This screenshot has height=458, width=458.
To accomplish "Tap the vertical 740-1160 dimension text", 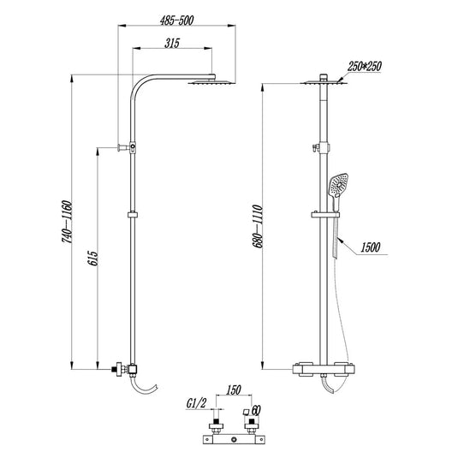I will [x=67, y=225].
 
